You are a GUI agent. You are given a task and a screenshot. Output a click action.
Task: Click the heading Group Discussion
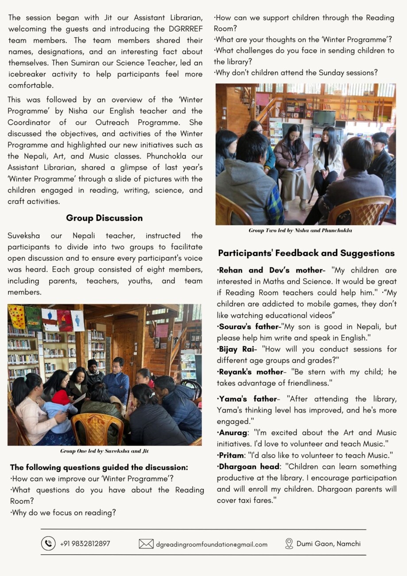(105, 218)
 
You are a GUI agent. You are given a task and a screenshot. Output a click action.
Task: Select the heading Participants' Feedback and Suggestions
(306, 253)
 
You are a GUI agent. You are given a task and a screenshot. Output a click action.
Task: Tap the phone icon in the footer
(48, 543)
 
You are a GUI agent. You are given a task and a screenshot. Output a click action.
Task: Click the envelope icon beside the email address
(146, 544)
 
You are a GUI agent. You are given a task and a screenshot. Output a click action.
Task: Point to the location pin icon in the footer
(289, 544)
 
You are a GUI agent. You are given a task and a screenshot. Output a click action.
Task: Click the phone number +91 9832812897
(85, 544)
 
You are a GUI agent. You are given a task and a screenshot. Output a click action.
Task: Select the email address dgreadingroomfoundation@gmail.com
(212, 544)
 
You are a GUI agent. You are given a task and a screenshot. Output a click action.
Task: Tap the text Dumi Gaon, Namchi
(329, 544)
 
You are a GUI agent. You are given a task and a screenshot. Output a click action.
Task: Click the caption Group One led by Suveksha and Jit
(105, 451)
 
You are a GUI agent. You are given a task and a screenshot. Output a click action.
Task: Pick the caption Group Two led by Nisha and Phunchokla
(300, 230)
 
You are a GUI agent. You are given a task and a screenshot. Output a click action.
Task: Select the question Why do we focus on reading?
(63, 513)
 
